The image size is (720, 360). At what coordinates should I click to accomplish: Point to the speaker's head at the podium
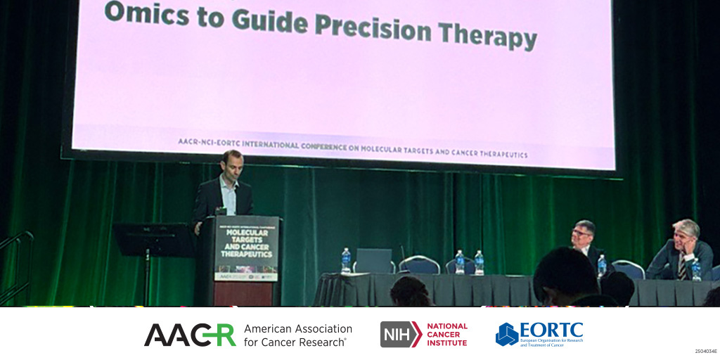pos(232,163)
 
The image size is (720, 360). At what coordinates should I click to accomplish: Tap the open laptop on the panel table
pos(373,260)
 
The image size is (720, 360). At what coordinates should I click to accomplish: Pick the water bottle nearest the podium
pos(346,260)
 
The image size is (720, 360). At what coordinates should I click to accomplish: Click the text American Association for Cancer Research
pos(298,335)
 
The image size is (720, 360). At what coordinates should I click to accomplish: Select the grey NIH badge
pos(400,334)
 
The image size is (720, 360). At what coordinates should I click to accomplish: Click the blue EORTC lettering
pos(551,329)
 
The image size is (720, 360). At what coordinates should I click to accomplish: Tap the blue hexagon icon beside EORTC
pos(506,334)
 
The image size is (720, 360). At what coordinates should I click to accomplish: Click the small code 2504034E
pos(705,350)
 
